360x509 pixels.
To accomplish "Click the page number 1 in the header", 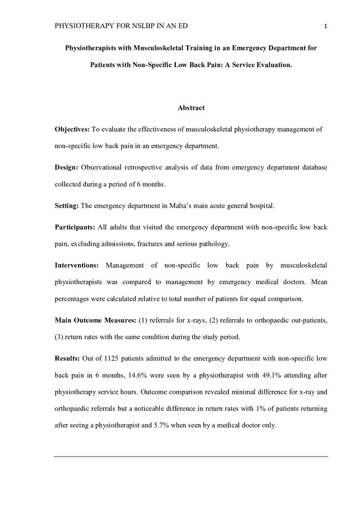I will click(324, 26).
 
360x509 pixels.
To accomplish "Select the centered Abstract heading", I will click(191, 108).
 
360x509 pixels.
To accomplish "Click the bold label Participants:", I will click(75, 227).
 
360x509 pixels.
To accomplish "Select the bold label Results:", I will click(67, 358).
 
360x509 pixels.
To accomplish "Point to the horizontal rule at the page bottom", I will click(191, 456).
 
